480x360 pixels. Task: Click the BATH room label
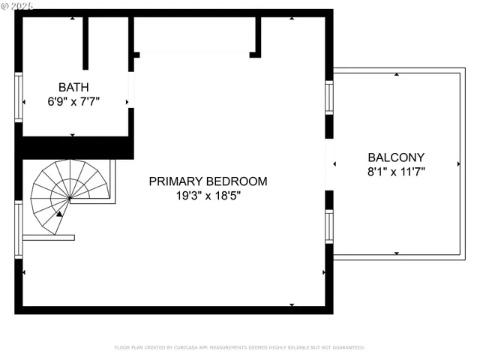[x=73, y=86]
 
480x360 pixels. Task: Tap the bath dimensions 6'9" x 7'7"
[x=73, y=100]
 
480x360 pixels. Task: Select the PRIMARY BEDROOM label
[x=208, y=181]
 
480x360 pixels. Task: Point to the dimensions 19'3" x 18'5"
[x=208, y=196]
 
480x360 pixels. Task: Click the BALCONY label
[x=396, y=157]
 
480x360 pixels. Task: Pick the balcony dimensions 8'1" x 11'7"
[x=396, y=172]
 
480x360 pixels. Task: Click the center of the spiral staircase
[x=70, y=198]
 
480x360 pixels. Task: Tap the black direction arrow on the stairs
[x=59, y=214]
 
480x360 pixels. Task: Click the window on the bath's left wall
[x=19, y=96]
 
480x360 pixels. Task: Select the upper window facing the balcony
[x=328, y=97]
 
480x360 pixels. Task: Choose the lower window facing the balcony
[x=328, y=226]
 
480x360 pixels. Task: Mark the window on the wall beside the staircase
[x=19, y=229]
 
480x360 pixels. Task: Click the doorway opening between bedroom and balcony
[x=328, y=163]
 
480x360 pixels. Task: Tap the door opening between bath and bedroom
[x=131, y=90]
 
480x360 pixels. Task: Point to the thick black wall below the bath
[x=75, y=148]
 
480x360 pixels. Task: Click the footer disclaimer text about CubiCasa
[x=239, y=348]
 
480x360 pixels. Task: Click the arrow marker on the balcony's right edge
[x=458, y=163]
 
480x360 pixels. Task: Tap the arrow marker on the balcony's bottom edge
[x=396, y=253]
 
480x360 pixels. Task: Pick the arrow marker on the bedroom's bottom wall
[x=292, y=304]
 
